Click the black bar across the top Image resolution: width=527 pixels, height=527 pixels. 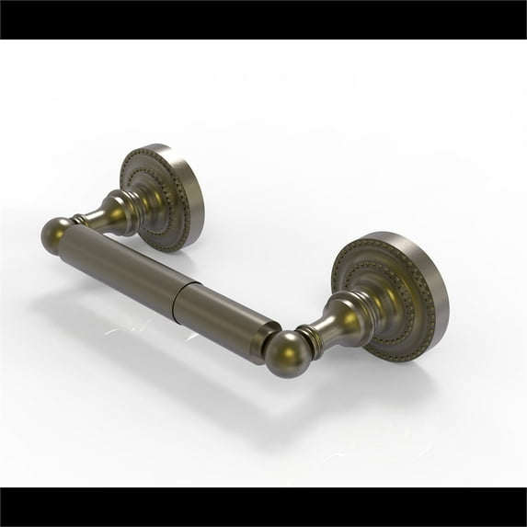263,18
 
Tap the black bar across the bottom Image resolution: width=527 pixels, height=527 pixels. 263,507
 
